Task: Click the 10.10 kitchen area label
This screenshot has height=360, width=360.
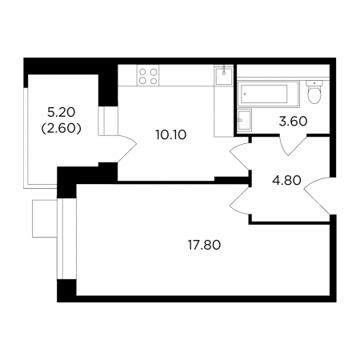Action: (170, 135)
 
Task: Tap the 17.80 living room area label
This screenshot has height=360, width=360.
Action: (204, 245)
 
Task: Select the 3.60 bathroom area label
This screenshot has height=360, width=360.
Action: (293, 122)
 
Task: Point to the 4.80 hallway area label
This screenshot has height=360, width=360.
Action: (286, 181)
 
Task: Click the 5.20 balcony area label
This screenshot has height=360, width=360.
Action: (62, 112)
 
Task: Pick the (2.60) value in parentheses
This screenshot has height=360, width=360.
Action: (62, 129)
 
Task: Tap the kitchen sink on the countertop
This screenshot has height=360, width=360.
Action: (224, 75)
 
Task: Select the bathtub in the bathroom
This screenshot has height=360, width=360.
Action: (268, 94)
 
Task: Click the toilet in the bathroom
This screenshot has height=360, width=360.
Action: (314, 92)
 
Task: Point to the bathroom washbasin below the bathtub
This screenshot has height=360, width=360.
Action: (245, 120)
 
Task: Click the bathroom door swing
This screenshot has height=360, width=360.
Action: (293, 145)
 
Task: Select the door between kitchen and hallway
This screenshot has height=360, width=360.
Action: (240, 157)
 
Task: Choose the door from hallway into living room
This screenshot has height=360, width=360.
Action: (240, 200)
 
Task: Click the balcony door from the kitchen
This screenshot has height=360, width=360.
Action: (126, 148)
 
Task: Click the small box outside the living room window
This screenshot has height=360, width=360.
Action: (45, 218)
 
